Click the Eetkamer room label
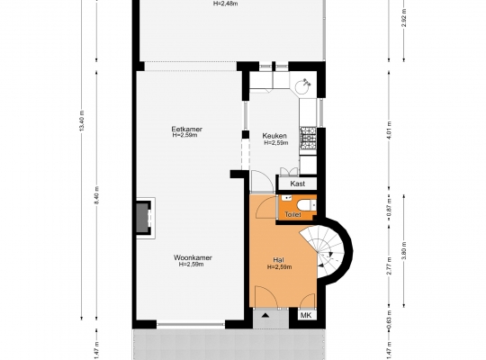(x=187, y=129)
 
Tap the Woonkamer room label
(x=193, y=257)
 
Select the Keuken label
(x=274, y=136)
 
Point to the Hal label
(x=279, y=260)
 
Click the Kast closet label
(x=298, y=184)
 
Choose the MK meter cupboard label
(x=306, y=315)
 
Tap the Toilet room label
(x=292, y=214)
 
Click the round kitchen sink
(x=302, y=86)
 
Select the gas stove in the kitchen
(x=308, y=137)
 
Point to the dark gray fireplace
(x=143, y=218)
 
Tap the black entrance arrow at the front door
(x=265, y=316)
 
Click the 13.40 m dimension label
(x=82, y=121)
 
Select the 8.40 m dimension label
(x=96, y=195)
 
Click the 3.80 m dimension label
(x=404, y=250)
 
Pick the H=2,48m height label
(x=226, y=4)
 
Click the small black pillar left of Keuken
(x=246, y=135)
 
